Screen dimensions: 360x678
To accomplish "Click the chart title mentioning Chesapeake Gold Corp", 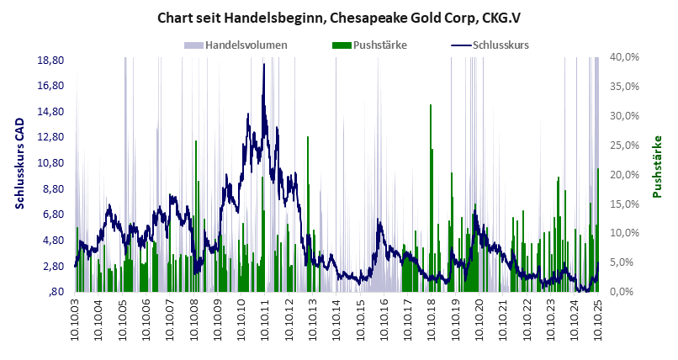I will [x=339, y=16].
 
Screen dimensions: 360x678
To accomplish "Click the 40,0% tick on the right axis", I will [x=625, y=57].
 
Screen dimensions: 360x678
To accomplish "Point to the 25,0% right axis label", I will [x=625, y=146].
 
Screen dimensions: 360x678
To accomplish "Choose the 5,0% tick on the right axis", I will [x=628, y=262].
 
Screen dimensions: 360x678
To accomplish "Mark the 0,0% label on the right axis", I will [x=628, y=292].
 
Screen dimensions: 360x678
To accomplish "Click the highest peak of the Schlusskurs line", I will [x=264, y=65].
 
